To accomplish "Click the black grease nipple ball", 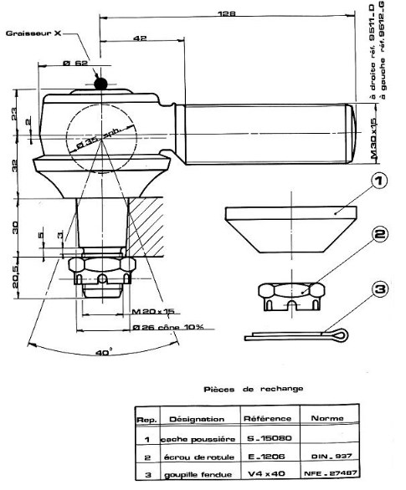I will click(x=100, y=83).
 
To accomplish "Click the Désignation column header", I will click(x=197, y=419).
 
